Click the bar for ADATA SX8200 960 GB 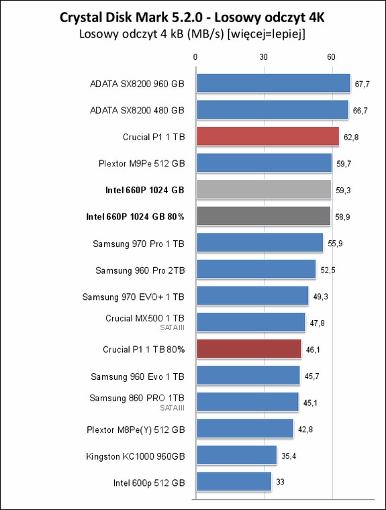(x=273, y=83)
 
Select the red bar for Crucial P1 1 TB (x=268, y=136)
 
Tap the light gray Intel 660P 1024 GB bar (x=264, y=190)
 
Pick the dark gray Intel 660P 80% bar (x=263, y=216)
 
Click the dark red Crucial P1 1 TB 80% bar (x=249, y=349)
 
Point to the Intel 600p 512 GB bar (x=234, y=482)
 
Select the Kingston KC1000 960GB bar (x=236, y=455)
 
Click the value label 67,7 (x=362, y=85)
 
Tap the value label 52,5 (x=328, y=270)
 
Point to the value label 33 (x=280, y=482)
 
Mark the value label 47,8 (x=317, y=323)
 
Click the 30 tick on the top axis (x=264, y=57)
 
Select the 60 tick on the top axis (x=331, y=57)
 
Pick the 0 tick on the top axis (x=195, y=57)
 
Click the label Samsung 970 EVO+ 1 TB (x=134, y=297)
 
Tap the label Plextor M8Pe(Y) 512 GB (x=136, y=430)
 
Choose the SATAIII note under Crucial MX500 (x=172, y=328)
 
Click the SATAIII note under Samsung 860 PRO (x=172, y=408)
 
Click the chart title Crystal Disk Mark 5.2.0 (x=132, y=17)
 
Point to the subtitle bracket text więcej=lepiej (x=267, y=34)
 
